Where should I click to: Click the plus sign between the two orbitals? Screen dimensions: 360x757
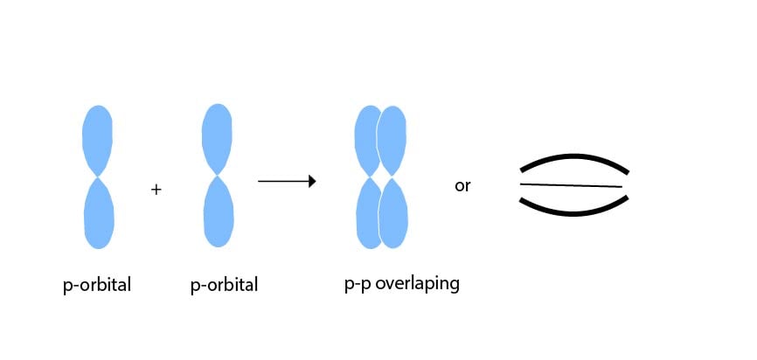(x=156, y=189)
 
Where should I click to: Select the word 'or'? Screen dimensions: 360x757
(x=462, y=186)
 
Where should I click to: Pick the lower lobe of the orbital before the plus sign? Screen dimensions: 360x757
(x=99, y=215)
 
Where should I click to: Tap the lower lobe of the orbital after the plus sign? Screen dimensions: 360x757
(x=218, y=213)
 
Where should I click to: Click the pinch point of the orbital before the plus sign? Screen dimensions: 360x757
(x=98, y=178)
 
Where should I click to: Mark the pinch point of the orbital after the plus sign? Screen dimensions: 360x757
(x=217, y=177)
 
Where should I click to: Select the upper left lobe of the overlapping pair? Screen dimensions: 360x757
(x=365, y=140)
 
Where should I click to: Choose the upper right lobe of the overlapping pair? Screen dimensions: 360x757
(x=392, y=140)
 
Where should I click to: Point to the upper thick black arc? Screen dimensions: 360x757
(x=574, y=158)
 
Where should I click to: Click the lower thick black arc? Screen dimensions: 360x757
(x=574, y=210)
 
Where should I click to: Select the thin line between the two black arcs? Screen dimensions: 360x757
(x=572, y=185)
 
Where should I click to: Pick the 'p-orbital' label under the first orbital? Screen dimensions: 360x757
(x=97, y=285)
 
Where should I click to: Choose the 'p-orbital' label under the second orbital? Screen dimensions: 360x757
(x=224, y=285)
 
